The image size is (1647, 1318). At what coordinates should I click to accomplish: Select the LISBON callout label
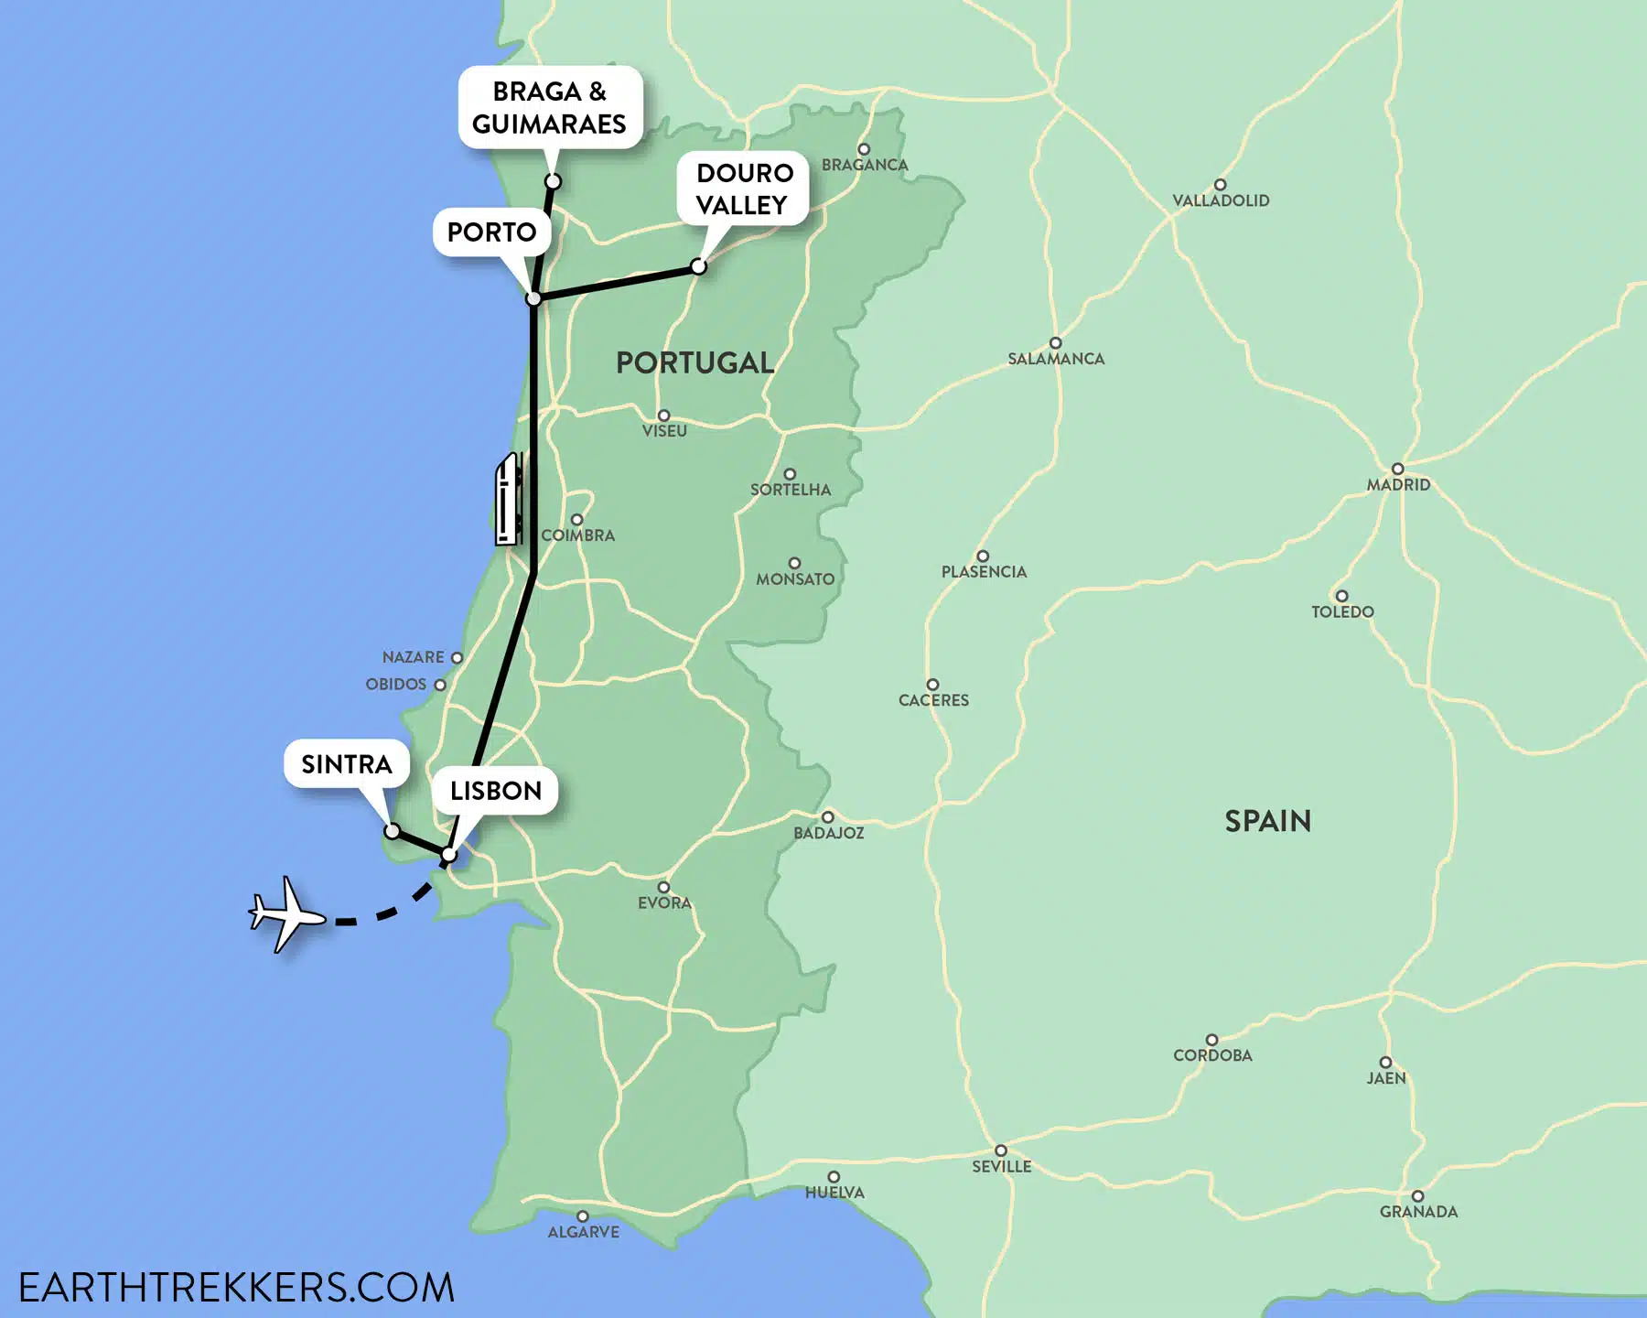coord(495,791)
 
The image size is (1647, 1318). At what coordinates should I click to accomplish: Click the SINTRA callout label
coord(346,764)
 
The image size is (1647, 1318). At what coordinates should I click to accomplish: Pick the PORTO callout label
coord(491,232)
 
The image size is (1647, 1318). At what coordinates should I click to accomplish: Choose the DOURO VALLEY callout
coord(744,189)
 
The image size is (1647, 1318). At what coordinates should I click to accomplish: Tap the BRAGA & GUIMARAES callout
coord(549,107)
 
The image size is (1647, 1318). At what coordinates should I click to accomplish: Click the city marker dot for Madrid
coord(1397,470)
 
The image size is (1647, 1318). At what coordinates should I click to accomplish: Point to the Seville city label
coord(1001,1167)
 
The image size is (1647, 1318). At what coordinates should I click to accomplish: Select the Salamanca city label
coord(1056,359)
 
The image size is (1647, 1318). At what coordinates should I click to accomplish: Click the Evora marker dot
coord(663,887)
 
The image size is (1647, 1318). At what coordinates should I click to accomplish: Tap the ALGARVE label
coord(583,1232)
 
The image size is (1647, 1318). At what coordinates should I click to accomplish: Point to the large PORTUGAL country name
coord(694,362)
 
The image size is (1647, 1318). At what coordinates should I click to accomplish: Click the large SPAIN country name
coord(1267,821)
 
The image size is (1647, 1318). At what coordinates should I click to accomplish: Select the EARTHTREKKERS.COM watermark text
coord(236,1288)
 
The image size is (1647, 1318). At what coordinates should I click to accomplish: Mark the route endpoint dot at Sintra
coord(392,831)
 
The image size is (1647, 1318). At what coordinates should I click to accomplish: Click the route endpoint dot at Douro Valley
coord(698,266)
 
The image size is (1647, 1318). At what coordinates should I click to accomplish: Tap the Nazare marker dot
coord(457,657)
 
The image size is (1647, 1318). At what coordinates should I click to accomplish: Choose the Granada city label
coord(1418,1212)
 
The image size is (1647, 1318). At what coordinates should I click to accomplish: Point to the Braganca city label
coord(865,165)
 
